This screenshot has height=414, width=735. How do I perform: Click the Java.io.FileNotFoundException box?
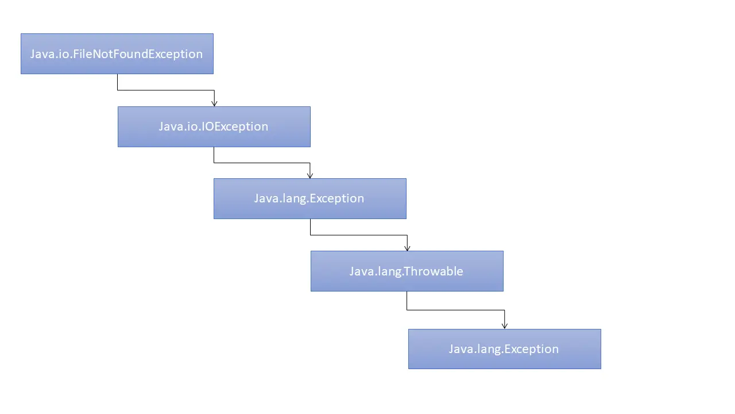[x=117, y=53]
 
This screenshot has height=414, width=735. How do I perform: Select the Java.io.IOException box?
[x=214, y=126]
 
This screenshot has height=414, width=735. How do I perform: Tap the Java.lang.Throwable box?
[x=407, y=271]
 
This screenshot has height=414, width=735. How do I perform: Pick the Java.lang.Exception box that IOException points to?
[x=310, y=198]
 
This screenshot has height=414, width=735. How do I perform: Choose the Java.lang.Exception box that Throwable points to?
[x=505, y=349]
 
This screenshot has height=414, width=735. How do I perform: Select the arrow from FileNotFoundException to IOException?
[x=166, y=90]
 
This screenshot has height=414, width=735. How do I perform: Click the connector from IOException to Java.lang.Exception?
[x=262, y=163]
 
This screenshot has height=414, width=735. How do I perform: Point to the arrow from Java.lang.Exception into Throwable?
[x=359, y=235]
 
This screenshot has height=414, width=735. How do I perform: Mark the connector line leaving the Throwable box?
[x=456, y=310]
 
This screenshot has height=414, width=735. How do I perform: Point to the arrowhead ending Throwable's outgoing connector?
[x=505, y=326]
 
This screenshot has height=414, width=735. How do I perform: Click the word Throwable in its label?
[x=433, y=271]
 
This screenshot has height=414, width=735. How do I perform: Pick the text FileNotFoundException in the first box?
[x=138, y=54]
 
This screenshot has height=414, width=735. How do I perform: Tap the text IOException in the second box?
[x=235, y=127]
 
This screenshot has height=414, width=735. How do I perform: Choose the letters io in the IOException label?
[x=192, y=126]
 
